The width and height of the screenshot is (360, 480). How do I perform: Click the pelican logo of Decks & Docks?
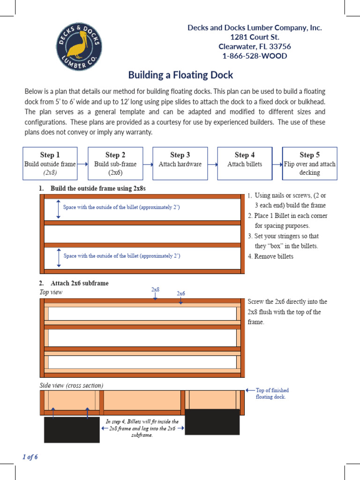79,47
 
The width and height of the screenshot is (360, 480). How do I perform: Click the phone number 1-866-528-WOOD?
255,56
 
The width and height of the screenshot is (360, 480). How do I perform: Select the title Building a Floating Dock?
180,75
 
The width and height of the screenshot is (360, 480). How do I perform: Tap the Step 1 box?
50,163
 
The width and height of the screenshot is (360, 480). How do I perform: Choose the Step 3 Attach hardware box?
180,163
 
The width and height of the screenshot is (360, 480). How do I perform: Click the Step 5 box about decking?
309,163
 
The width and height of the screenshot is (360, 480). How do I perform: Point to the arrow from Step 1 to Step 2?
82,164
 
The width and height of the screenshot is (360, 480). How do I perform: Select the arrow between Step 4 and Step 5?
277,164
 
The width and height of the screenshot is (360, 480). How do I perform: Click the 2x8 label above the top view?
155,290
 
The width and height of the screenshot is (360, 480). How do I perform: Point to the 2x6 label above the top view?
181,293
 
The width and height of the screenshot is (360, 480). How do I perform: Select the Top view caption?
51,292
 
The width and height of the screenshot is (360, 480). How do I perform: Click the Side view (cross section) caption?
71,385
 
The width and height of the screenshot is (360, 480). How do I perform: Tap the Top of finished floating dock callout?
272,393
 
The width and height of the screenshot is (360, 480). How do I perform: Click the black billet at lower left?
72,429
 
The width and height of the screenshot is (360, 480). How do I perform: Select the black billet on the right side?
212,421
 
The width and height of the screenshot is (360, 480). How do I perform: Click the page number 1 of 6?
30,457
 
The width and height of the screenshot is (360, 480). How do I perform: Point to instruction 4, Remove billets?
270,256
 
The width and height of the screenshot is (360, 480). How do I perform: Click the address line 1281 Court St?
255,37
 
